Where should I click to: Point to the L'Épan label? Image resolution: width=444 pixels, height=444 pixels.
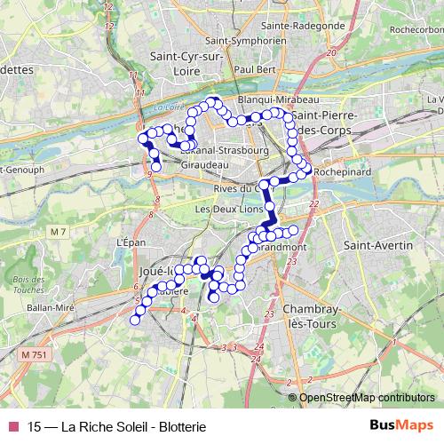(131, 242)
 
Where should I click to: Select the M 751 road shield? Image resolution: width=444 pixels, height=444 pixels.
(32, 354)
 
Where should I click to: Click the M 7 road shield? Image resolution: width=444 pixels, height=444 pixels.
(59, 233)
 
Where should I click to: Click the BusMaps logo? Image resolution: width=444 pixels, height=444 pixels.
(401, 425)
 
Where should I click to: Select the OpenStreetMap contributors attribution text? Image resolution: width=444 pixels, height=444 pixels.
(367, 397)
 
